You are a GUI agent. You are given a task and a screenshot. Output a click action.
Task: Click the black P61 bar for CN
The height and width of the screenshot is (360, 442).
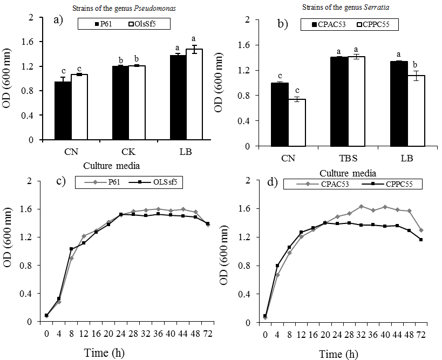click(63, 111)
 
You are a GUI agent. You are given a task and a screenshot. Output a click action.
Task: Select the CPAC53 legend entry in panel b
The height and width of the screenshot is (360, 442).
click(328, 25)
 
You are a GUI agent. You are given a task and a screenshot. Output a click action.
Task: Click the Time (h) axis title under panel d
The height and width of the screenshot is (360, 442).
click(337, 354)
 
